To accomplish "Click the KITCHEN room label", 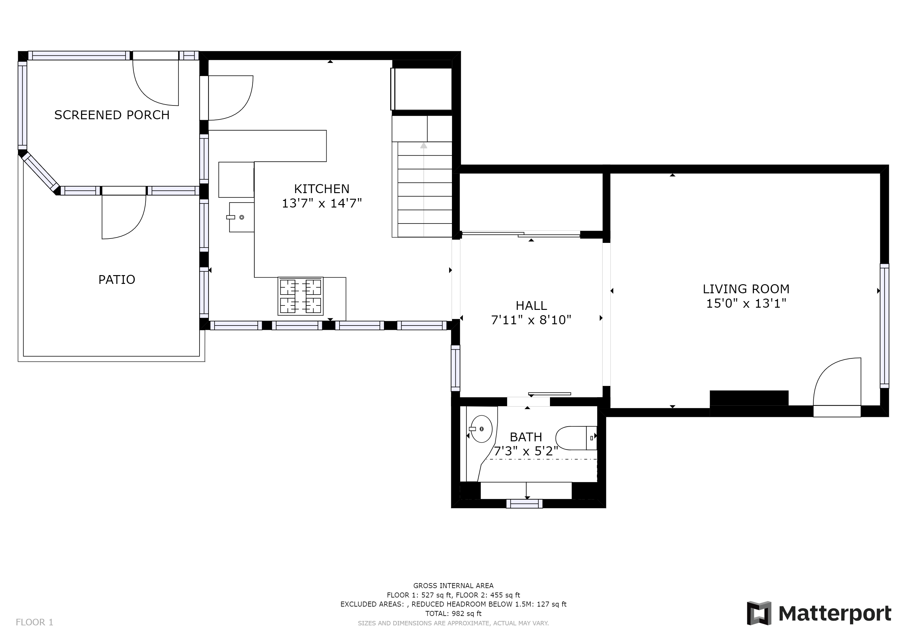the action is (x=322, y=189).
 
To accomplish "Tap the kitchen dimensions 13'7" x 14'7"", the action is (x=322, y=203).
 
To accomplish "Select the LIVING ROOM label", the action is (x=746, y=289).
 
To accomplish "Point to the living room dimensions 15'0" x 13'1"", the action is (x=746, y=304).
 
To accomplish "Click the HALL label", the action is (x=531, y=305).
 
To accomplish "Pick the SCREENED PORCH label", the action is (x=112, y=115).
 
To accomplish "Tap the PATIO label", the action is (x=117, y=279).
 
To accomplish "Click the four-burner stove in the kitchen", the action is (x=301, y=296).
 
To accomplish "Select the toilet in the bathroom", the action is (x=576, y=438).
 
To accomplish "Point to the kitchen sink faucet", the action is (x=231, y=217).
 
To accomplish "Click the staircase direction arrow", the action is (x=424, y=189).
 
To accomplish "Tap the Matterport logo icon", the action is (x=759, y=613).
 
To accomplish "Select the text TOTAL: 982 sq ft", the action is (x=453, y=613).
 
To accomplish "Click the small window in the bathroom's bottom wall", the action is (x=524, y=504).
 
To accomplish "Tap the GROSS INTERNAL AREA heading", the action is (x=453, y=586).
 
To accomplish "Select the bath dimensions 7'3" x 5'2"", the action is (x=526, y=451).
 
